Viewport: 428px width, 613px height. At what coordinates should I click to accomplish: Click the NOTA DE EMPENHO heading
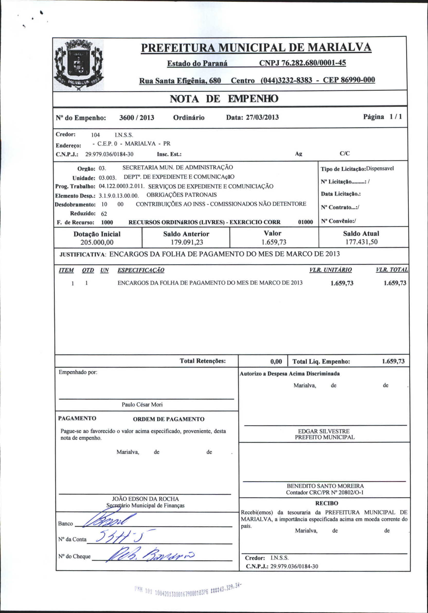[x=224, y=99]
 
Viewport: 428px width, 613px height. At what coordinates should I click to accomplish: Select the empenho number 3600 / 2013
[x=137, y=118]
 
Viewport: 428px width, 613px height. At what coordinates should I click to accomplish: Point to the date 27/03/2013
[x=262, y=117]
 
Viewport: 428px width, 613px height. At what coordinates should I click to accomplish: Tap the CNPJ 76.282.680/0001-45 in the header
[x=302, y=63]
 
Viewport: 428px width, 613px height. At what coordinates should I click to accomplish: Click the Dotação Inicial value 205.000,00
[x=97, y=242]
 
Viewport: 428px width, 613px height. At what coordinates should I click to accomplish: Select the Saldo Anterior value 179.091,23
[x=186, y=242]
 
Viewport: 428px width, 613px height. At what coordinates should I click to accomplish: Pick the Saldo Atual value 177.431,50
[x=361, y=242]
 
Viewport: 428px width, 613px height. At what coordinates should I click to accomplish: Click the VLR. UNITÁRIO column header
[x=331, y=270]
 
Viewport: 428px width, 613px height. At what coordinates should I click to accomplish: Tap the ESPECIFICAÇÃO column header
[x=141, y=270]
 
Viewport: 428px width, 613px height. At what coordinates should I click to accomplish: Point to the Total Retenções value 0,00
[x=276, y=362]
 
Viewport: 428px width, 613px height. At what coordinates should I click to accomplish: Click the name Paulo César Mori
[x=142, y=404]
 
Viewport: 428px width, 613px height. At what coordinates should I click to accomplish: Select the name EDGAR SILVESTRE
[x=324, y=431]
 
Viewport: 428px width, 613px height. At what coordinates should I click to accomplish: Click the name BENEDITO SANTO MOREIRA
[x=325, y=486]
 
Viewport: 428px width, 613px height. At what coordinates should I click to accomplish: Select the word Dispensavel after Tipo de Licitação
[x=380, y=168]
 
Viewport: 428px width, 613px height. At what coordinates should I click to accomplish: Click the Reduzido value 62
[x=104, y=214]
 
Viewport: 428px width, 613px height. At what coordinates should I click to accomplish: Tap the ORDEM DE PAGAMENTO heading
[x=168, y=419]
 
